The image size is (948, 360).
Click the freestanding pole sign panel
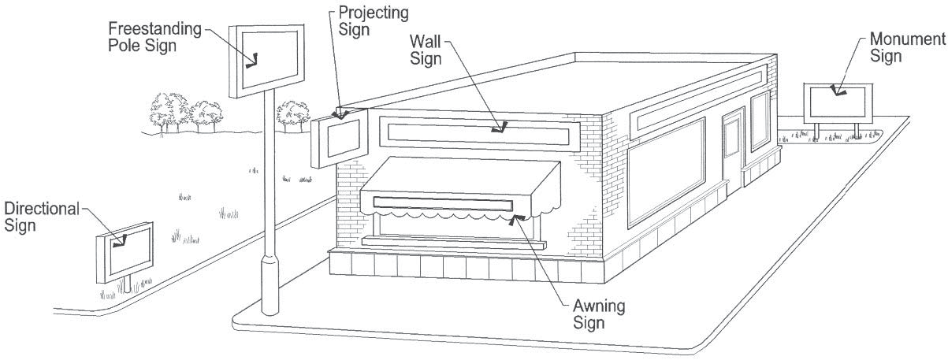266,59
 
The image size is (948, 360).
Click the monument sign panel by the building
839,102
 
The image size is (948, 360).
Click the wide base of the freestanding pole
270,287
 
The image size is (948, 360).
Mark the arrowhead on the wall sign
498,126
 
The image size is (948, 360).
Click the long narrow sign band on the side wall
697,95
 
